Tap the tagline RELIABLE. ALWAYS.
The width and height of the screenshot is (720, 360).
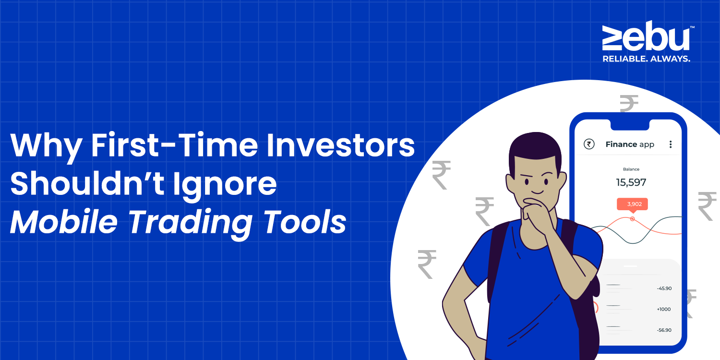pos(646,59)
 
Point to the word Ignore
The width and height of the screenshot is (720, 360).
pos(225,186)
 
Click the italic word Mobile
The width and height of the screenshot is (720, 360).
pos(64,222)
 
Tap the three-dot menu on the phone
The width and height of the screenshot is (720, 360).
pos(671,144)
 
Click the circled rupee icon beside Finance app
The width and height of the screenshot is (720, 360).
pos(589,144)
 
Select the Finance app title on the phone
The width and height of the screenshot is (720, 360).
pos(630,144)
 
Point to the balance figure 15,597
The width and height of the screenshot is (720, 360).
pos(631,182)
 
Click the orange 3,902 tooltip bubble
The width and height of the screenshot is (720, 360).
pos(632,205)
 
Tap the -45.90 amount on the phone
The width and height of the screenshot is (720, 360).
pos(664,288)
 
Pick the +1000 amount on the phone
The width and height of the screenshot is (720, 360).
pos(663,309)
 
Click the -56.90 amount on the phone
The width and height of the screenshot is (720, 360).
pos(664,330)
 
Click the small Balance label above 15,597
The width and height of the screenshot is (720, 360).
pos(631,169)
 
